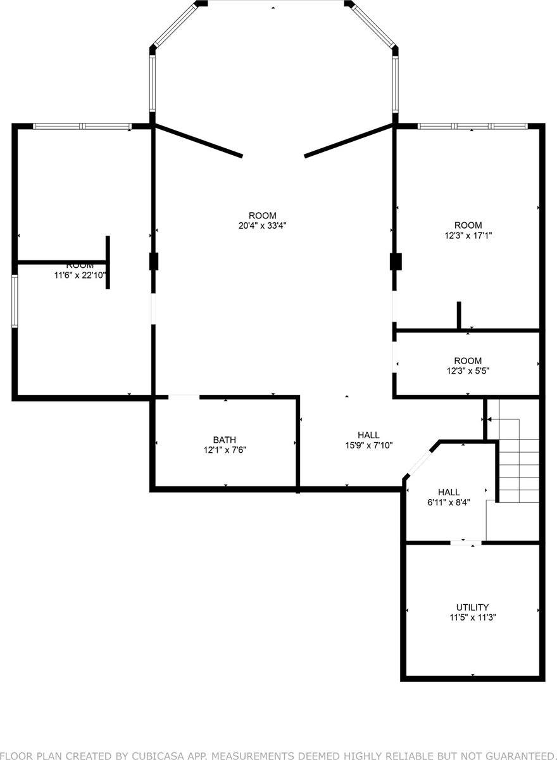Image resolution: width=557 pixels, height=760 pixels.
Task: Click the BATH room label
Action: pyautogui.click(x=225, y=440)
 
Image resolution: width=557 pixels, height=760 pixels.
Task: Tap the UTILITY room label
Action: pyautogui.click(x=472, y=607)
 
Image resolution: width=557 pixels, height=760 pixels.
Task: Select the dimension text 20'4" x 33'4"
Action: pyautogui.click(x=262, y=225)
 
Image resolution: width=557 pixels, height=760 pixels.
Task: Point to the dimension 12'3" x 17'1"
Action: pyautogui.click(x=468, y=235)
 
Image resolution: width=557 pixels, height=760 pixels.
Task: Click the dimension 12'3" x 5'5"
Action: pyautogui.click(x=468, y=371)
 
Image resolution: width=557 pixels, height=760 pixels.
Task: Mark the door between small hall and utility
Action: pyautogui.click(x=466, y=543)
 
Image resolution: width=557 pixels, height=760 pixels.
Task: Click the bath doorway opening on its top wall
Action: pyautogui.click(x=184, y=397)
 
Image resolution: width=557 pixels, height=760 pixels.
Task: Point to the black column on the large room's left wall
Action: pyautogui.click(x=153, y=262)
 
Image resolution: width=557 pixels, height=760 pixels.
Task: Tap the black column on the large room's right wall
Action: pyautogui.click(x=396, y=262)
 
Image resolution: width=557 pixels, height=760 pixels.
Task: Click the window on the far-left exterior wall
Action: pyautogui.click(x=14, y=301)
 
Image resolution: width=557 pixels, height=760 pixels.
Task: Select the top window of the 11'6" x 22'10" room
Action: pyautogui.click(x=82, y=127)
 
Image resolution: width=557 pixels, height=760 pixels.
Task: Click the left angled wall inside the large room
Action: pyautogui.click(x=199, y=141)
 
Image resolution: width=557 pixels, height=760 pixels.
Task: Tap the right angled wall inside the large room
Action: pyautogui.click(x=349, y=141)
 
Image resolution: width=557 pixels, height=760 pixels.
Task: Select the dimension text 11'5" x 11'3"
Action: pyautogui.click(x=472, y=617)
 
